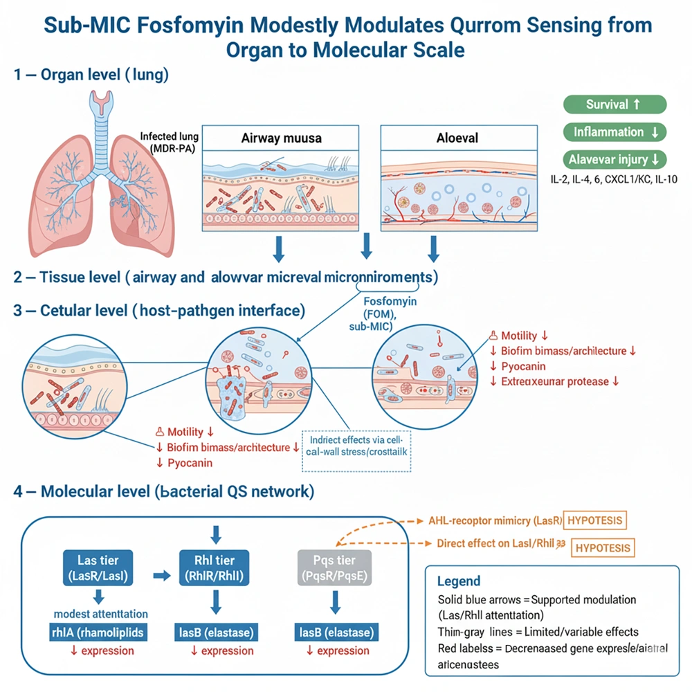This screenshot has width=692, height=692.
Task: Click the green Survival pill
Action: pyautogui.click(x=614, y=105)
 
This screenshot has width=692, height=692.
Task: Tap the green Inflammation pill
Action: pyautogui.click(x=614, y=131)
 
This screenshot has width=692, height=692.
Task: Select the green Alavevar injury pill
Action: pyautogui.click(x=614, y=159)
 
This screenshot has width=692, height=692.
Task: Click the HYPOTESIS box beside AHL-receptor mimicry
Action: pyautogui.click(x=595, y=520)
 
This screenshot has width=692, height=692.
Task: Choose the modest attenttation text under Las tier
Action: pyautogui.click(x=101, y=613)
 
